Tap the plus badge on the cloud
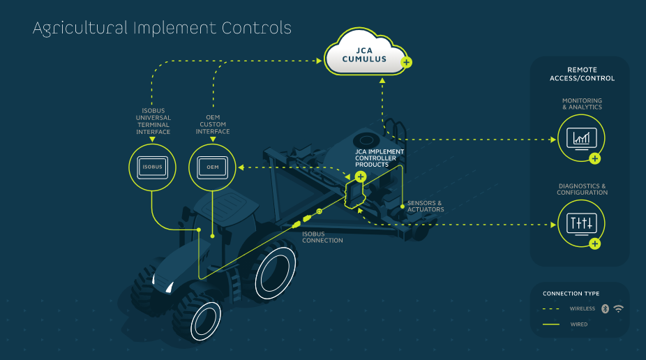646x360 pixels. pyautogui.click(x=407, y=63)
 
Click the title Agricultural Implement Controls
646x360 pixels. pyautogui.click(x=162, y=29)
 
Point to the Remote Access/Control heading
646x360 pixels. pyautogui.click(x=581, y=74)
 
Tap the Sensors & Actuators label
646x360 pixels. pyautogui.click(x=426, y=207)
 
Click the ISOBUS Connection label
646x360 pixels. pyautogui.click(x=322, y=237)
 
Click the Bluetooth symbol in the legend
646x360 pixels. pyautogui.click(x=605, y=308)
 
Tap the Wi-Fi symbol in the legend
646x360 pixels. pyautogui.click(x=618, y=308)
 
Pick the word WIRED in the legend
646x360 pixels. pyautogui.click(x=578, y=324)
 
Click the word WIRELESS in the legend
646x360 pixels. pyautogui.click(x=583, y=308)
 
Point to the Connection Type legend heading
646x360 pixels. pyautogui.click(x=571, y=294)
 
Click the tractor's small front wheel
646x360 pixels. pyautogui.click(x=206, y=322)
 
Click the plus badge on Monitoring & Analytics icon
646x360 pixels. pyautogui.click(x=594, y=158)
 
